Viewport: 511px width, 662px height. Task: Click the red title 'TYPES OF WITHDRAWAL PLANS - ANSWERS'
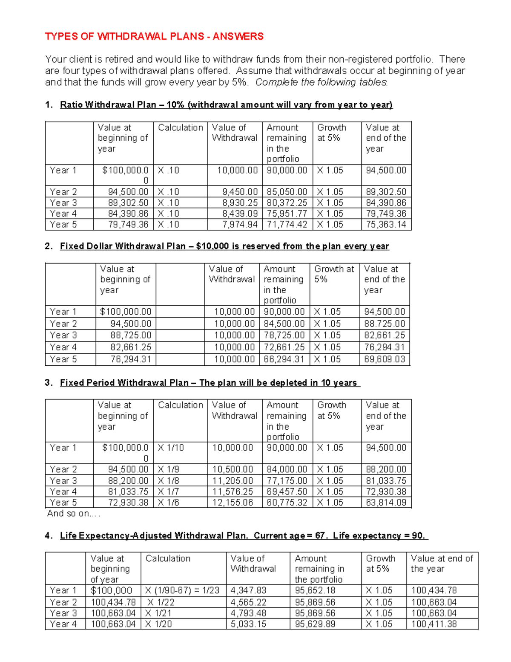(x=154, y=36)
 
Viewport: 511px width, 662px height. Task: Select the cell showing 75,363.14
(x=386, y=225)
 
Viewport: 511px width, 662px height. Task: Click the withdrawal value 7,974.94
(x=237, y=225)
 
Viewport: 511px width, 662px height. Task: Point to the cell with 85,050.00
(x=287, y=192)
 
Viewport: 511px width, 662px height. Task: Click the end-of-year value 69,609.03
(x=385, y=359)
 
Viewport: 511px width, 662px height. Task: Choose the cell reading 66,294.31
(x=284, y=359)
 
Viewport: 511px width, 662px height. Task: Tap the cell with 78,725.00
(x=284, y=335)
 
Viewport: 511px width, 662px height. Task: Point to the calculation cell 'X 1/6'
(x=169, y=503)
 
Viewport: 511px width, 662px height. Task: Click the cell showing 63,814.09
(x=386, y=503)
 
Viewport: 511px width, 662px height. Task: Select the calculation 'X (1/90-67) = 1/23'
(x=182, y=590)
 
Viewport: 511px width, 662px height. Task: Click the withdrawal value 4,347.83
(x=248, y=590)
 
